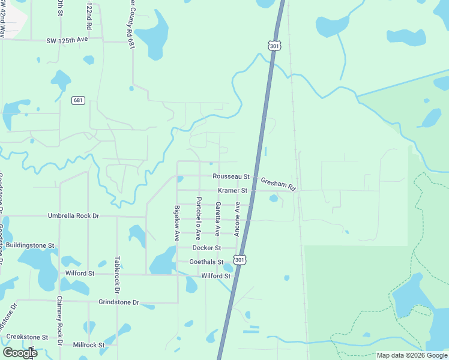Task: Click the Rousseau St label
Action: (x=231, y=176)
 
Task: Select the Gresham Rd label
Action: (x=279, y=184)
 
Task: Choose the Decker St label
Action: (x=206, y=247)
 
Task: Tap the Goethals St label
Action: (x=206, y=262)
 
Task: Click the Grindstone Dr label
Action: (x=119, y=302)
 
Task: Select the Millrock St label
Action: (x=88, y=345)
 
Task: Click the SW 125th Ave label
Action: (x=67, y=40)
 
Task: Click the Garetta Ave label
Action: (x=218, y=218)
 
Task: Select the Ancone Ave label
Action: (x=238, y=218)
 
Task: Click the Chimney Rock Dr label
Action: (x=59, y=321)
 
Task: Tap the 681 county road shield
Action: (x=78, y=100)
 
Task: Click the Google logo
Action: (x=20, y=352)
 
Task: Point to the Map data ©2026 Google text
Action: (x=411, y=355)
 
